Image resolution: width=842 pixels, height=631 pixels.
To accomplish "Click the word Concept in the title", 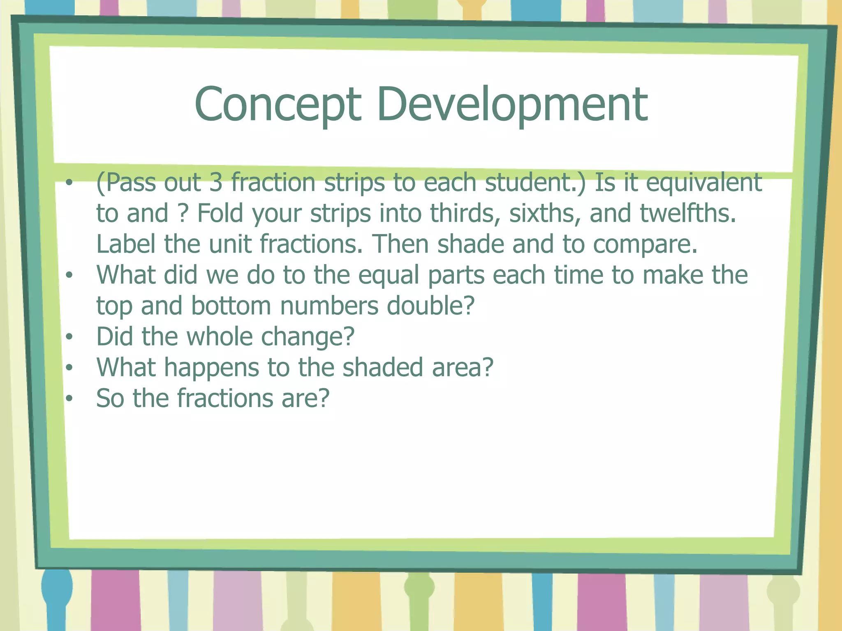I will pos(278,105).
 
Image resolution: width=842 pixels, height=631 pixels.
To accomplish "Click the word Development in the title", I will pos(512,105).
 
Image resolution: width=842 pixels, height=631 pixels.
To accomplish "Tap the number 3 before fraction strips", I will pos(215,182).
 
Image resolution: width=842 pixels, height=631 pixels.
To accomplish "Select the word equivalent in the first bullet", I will pos(704,182).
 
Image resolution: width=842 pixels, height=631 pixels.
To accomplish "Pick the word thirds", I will pos(465,214).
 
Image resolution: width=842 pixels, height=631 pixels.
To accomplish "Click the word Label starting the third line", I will pos(125,244).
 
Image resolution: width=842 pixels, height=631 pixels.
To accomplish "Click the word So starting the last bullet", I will pos(110,398).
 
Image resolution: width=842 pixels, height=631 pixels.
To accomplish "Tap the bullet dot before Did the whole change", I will pos(69,337).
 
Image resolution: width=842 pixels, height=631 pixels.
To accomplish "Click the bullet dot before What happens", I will pos(69,368).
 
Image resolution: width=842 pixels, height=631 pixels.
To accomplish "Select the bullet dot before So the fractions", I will pos(69,398).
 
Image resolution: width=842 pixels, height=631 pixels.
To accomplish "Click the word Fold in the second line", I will pos(220,214).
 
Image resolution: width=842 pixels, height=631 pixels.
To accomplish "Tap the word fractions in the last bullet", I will pos(225,398).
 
